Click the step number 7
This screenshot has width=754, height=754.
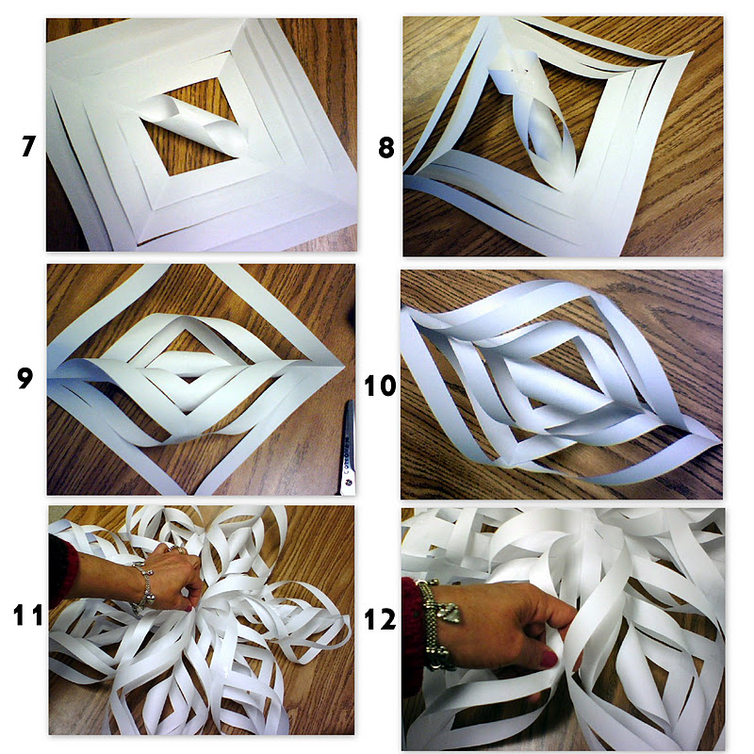[x=28, y=146]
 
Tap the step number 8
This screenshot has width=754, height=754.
[x=386, y=148]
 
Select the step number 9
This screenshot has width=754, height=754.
[x=25, y=378]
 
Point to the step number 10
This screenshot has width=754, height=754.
[x=380, y=385]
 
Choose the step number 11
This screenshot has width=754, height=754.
[x=28, y=615]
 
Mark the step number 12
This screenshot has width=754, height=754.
[x=380, y=619]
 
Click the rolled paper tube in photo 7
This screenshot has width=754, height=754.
[x=197, y=126]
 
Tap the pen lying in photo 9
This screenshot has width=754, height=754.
[x=348, y=447]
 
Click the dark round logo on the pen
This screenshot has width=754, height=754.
[x=349, y=483]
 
